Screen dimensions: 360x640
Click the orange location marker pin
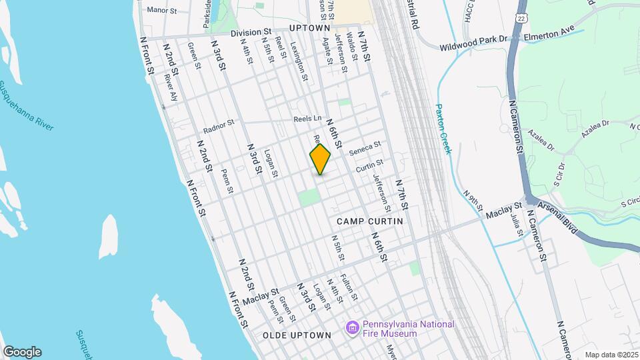320,159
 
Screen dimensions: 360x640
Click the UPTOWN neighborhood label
310,29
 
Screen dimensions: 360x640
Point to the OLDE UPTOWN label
297,335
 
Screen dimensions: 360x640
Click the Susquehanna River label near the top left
27,107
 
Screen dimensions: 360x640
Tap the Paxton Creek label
443,128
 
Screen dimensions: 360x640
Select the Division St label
251,32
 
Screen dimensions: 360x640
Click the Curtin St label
369,164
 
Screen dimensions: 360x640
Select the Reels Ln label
307,119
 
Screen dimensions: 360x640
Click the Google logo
22,352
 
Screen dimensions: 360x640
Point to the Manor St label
161,10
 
